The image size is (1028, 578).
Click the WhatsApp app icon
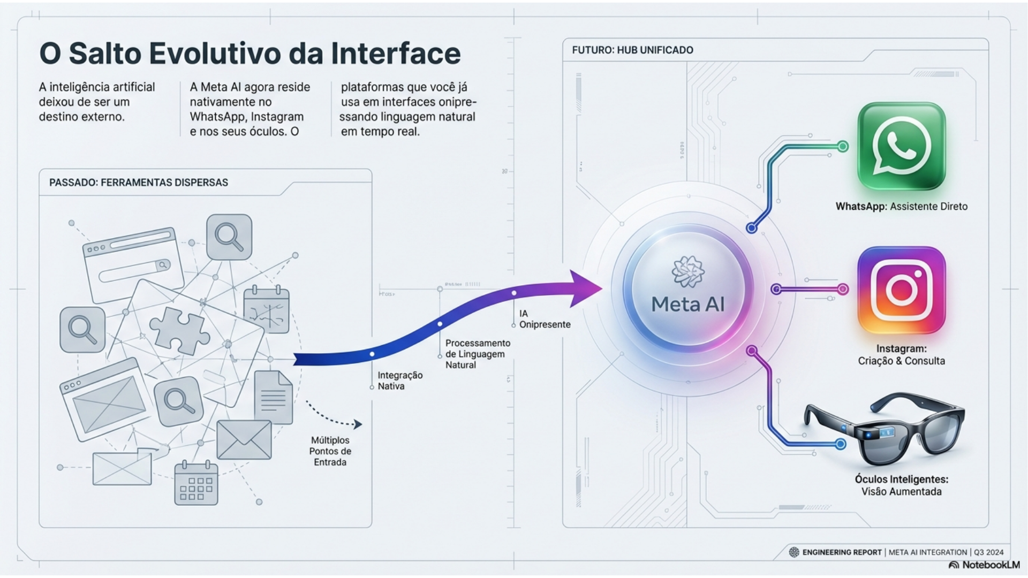click(x=901, y=146)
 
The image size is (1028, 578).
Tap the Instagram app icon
click(x=901, y=290)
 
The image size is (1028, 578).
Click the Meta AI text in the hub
click(x=687, y=304)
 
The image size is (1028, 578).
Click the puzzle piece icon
click(x=179, y=330)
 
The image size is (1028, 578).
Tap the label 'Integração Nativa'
click(x=399, y=381)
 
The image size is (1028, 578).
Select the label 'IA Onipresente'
click(x=544, y=319)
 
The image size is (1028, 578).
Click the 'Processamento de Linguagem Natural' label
click(x=477, y=354)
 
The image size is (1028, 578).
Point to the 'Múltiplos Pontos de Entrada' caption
click(x=330, y=451)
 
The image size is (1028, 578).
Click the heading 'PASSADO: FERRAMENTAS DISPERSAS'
click(x=138, y=182)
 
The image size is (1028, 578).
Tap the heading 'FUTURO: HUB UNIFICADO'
click(x=632, y=50)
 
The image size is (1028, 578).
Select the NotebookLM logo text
click(x=990, y=565)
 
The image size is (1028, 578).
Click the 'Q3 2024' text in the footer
click(x=988, y=552)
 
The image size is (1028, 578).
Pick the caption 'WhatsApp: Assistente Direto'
click(x=901, y=207)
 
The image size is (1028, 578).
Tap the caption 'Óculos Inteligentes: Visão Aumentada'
click(x=901, y=485)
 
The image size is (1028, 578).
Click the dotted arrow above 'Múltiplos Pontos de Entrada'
click(x=334, y=415)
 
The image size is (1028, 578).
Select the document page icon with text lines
click(x=273, y=397)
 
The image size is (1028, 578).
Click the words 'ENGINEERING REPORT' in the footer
click(x=841, y=552)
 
